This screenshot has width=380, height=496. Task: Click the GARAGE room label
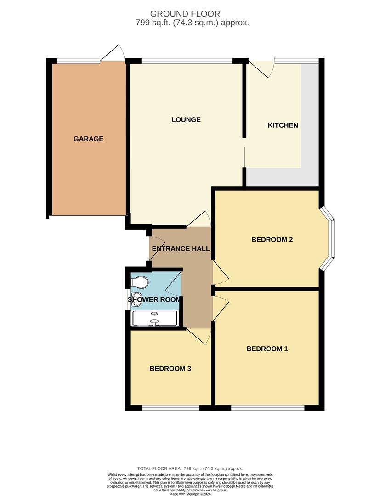tap(88, 139)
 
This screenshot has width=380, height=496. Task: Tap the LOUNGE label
tap(186, 120)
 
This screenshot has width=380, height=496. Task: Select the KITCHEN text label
tap(283, 125)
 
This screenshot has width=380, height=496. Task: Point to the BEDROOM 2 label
tap(272, 239)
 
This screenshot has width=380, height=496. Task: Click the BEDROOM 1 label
tap(267, 349)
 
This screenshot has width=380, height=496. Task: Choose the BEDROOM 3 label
tap(170, 368)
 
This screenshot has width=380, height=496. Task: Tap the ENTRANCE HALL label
tap(181, 249)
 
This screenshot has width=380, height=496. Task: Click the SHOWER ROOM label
tap(154, 300)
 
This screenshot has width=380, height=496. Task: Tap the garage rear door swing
tap(114, 52)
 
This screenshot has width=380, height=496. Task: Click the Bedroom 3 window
tap(170, 407)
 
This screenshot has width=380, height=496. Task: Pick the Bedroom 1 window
tap(267, 407)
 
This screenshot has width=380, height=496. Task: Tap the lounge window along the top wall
tap(187, 60)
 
